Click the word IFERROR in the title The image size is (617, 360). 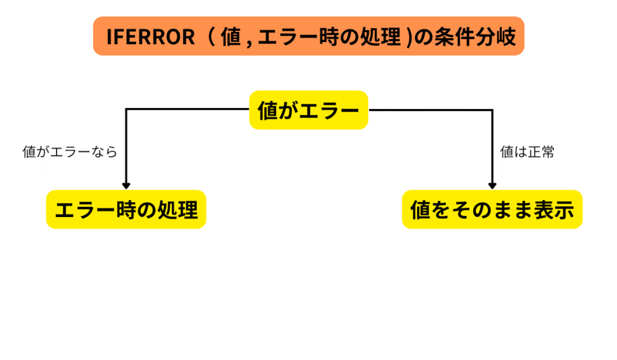(150, 37)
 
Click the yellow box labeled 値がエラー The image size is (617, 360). (308, 110)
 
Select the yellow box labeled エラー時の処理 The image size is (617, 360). (126, 210)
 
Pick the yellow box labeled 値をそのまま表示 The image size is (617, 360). (492, 210)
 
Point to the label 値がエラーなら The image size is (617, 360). (70, 153)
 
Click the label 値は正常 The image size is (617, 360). (527, 153)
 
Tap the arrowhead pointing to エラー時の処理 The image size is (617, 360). (126, 185)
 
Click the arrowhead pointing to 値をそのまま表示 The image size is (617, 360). (492, 185)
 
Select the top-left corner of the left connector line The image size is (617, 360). (126, 110)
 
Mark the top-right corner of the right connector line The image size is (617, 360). (492, 110)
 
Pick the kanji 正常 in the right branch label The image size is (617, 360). (540, 153)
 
